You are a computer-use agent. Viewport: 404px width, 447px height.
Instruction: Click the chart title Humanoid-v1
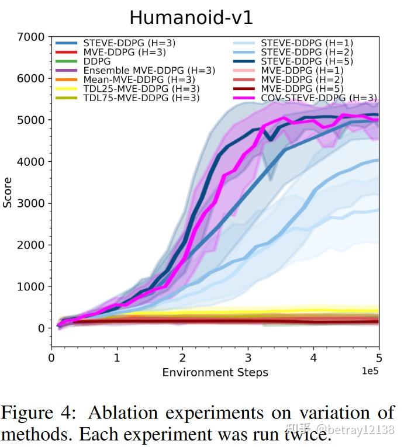tap(191, 17)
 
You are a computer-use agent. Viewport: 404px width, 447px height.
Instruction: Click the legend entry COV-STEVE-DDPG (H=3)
tap(319, 98)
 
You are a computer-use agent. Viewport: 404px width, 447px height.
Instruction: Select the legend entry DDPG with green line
tap(96, 61)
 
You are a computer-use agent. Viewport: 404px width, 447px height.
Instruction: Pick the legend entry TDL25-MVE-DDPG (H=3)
tap(141, 89)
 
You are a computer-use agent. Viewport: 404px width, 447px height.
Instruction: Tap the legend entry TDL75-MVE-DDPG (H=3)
tap(141, 98)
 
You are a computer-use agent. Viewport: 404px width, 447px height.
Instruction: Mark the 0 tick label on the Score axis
tap(41, 328)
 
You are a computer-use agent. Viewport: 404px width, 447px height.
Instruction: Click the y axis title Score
tap(8, 193)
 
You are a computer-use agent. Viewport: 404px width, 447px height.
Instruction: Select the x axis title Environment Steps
tap(215, 372)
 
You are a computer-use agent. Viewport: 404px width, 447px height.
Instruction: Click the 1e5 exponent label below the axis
tap(369, 371)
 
